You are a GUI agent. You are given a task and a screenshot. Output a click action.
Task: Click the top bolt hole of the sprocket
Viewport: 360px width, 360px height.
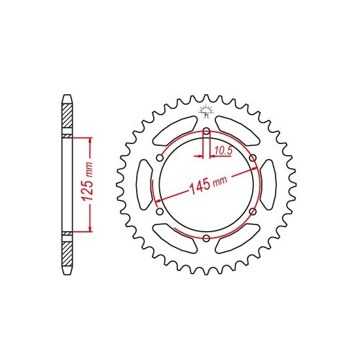click(206, 132)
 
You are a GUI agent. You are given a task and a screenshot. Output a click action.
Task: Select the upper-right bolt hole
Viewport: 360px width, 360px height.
click(253, 158)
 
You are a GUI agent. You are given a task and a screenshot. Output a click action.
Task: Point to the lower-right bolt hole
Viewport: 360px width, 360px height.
click(253, 211)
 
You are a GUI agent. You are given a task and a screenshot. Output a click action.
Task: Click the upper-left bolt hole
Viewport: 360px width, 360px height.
click(160, 158)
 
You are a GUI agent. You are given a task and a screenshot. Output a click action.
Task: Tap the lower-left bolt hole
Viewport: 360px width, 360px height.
click(160, 211)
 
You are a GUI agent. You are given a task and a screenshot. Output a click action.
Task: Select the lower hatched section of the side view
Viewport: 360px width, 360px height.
click(67, 252)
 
